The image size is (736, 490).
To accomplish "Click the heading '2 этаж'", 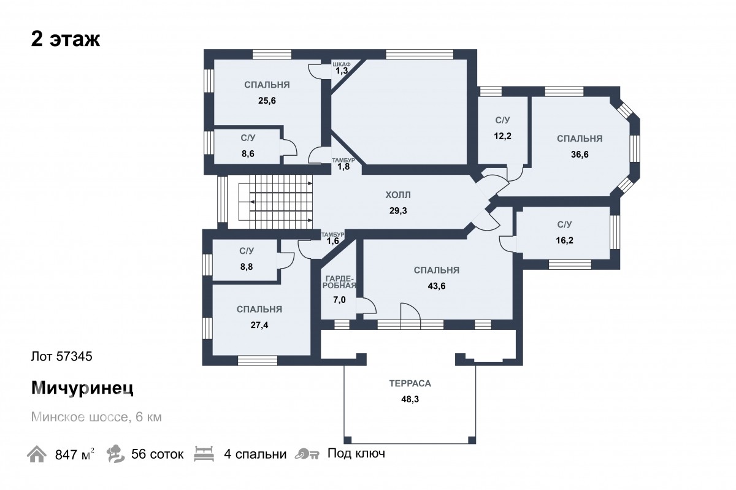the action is pyautogui.click(x=66, y=39).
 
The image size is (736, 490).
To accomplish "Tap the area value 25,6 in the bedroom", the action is pyautogui.click(x=267, y=101).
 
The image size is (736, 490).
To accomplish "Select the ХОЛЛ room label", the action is pyautogui.click(x=398, y=195).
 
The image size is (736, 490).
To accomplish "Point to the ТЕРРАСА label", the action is pyautogui.click(x=410, y=383).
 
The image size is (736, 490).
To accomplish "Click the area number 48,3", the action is pyautogui.click(x=410, y=399).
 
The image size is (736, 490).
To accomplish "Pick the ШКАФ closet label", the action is pyautogui.click(x=342, y=64).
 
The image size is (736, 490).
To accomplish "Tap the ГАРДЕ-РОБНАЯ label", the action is pyautogui.click(x=339, y=282).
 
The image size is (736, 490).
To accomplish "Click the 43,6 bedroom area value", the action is pyautogui.click(x=436, y=286).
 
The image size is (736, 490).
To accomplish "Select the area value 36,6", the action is pyautogui.click(x=580, y=155).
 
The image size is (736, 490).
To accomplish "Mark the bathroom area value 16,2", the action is pyautogui.click(x=564, y=240).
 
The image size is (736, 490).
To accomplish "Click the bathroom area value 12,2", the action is pyautogui.click(x=503, y=136).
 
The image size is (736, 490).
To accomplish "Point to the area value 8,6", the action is pyautogui.click(x=248, y=153).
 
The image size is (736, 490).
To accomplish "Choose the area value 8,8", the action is pyautogui.click(x=247, y=267).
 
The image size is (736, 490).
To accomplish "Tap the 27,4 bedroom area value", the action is pyautogui.click(x=259, y=325).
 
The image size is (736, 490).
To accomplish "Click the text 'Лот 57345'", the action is pyautogui.click(x=62, y=356).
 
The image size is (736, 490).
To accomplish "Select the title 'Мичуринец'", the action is pyautogui.click(x=82, y=388).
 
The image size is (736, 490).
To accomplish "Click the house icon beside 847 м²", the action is pyautogui.click(x=36, y=454).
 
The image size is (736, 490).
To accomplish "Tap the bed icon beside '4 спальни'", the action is pyautogui.click(x=204, y=454).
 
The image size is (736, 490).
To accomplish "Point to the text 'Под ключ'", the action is pyautogui.click(x=356, y=453).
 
